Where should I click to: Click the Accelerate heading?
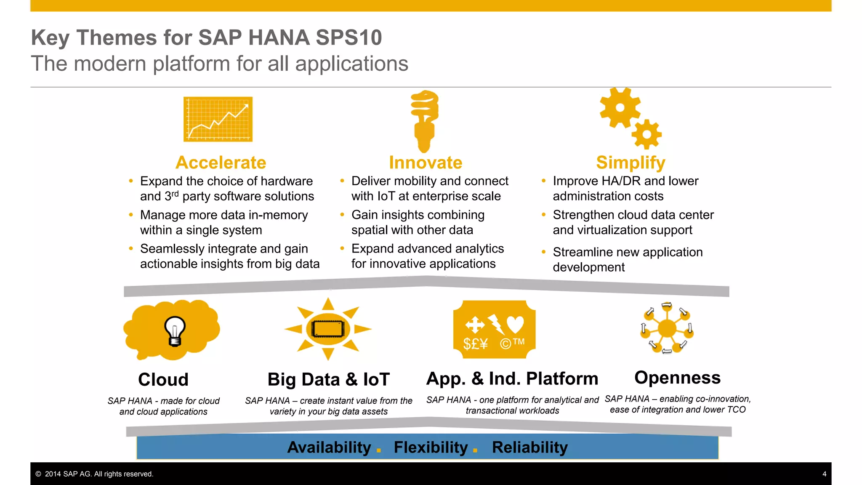[221, 163]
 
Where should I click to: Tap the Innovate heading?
[426, 163]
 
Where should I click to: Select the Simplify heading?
[631, 163]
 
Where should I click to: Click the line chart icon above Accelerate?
[218, 119]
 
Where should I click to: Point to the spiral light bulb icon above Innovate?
[425, 120]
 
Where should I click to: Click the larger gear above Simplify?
[620, 108]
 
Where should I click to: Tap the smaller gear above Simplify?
[646, 134]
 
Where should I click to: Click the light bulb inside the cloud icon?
[175, 331]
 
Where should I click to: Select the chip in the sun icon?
[328, 329]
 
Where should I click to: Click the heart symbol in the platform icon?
[515, 325]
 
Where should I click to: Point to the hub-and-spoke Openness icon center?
[667, 328]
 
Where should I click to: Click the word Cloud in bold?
[163, 380]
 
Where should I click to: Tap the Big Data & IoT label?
[329, 380]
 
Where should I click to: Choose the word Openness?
[677, 378]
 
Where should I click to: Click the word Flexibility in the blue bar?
[431, 447]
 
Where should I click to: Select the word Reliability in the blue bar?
[529, 447]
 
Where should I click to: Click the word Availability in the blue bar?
[329, 447]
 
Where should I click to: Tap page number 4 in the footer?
[824, 474]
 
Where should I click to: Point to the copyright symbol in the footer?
[38, 474]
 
